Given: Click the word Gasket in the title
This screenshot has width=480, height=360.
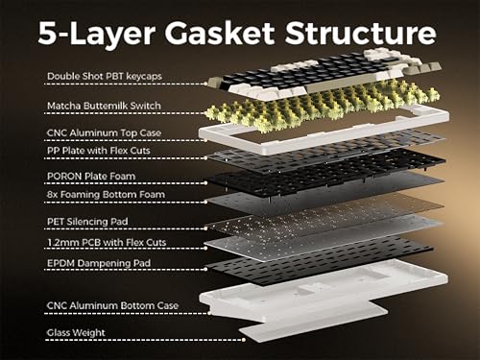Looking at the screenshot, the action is point(219,34).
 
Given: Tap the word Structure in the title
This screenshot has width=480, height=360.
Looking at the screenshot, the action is point(361,34).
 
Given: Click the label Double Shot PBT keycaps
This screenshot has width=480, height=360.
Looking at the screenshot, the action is point(105,76).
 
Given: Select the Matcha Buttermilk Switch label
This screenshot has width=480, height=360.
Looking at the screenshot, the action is point(104,106).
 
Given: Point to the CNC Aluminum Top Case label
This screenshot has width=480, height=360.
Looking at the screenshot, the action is point(104,132).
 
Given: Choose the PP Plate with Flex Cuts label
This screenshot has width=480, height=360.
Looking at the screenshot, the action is point(99,151).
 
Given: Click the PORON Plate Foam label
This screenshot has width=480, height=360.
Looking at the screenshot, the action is point(91,176).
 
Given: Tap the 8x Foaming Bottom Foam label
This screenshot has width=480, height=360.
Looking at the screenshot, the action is point(106,194).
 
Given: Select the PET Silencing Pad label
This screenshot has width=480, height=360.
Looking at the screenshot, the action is point(87,222).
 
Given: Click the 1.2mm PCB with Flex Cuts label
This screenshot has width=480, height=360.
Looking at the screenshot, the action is point(107,242).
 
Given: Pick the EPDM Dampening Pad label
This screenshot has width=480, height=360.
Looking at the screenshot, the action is point(99,263).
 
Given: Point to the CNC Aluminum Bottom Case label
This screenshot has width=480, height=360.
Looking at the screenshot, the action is point(112,305).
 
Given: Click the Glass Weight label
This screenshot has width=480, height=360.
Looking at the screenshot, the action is point(76,332).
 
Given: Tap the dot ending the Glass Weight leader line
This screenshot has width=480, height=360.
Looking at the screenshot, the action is point(244,340).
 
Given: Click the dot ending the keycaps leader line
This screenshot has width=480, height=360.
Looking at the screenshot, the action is point(206,84).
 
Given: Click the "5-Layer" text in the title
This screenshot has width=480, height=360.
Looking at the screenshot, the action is point(96,34).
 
